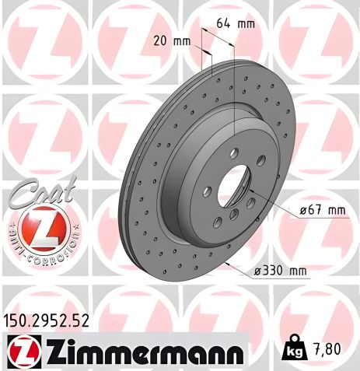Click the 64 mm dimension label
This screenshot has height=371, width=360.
point(234,24)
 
